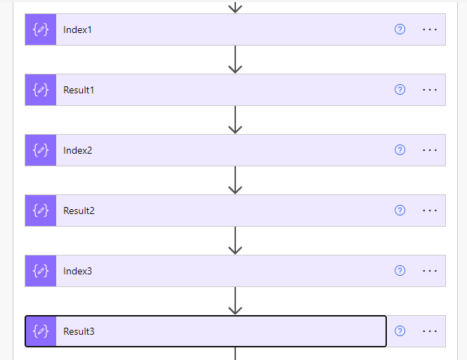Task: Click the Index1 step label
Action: pos(77,30)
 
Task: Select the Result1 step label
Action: pos(79,91)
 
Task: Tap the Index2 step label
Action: pos(77,151)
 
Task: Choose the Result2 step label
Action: pos(79,211)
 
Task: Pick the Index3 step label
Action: pos(77,271)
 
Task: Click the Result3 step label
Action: pos(79,331)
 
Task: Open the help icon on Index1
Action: pos(400,29)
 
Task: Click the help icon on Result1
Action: pos(400,90)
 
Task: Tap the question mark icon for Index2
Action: pos(400,150)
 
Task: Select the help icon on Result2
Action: pos(400,211)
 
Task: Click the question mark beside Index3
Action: pos(400,271)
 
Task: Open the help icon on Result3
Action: pos(400,331)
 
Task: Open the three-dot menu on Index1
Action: pos(430,29)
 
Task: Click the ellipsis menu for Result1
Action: pos(430,90)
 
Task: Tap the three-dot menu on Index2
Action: pos(430,150)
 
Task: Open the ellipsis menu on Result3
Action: pos(430,331)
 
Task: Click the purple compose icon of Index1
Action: pos(41,29)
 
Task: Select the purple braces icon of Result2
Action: pos(41,211)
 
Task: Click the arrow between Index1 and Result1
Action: pos(235,60)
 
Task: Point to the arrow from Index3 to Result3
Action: pos(235,301)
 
